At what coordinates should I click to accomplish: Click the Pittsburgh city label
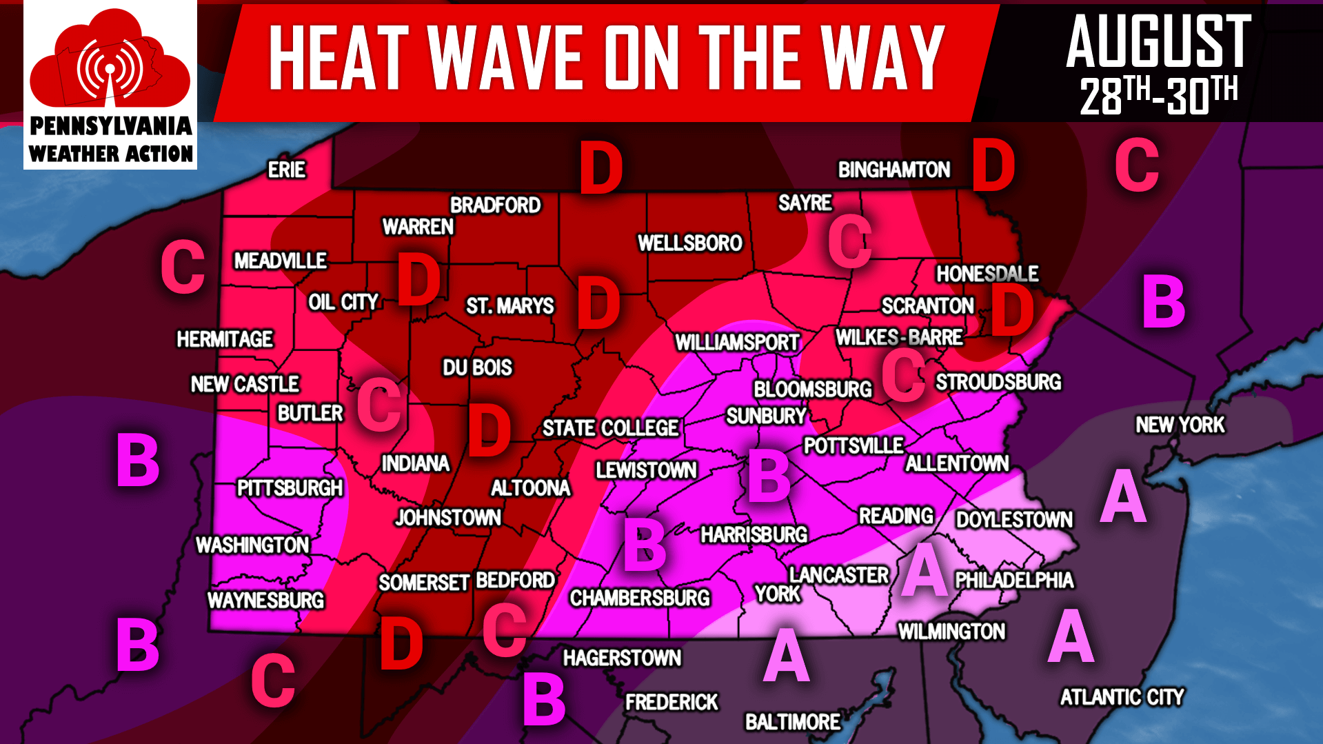tap(290, 488)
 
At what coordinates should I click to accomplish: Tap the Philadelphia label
tap(1013, 580)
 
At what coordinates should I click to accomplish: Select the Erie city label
tap(287, 170)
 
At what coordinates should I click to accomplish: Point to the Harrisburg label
tap(754, 534)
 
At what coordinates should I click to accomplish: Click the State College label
tap(610, 428)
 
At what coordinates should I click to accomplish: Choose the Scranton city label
tap(927, 305)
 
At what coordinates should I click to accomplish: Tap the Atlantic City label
tap(1122, 697)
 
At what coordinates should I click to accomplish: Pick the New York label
tap(1180, 425)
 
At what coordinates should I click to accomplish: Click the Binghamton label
tap(893, 170)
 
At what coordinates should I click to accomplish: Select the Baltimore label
tap(793, 722)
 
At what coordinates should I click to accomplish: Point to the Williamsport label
tap(737, 342)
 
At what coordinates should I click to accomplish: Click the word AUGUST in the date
tap(1158, 43)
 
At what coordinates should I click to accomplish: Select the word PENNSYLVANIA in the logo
tap(111, 126)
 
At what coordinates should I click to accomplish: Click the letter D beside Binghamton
tap(993, 165)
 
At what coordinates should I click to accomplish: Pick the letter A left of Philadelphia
tap(925, 570)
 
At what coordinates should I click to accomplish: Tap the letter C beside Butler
tap(379, 406)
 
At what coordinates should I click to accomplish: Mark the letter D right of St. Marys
tap(598, 303)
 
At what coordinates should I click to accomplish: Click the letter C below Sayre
tap(850, 241)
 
